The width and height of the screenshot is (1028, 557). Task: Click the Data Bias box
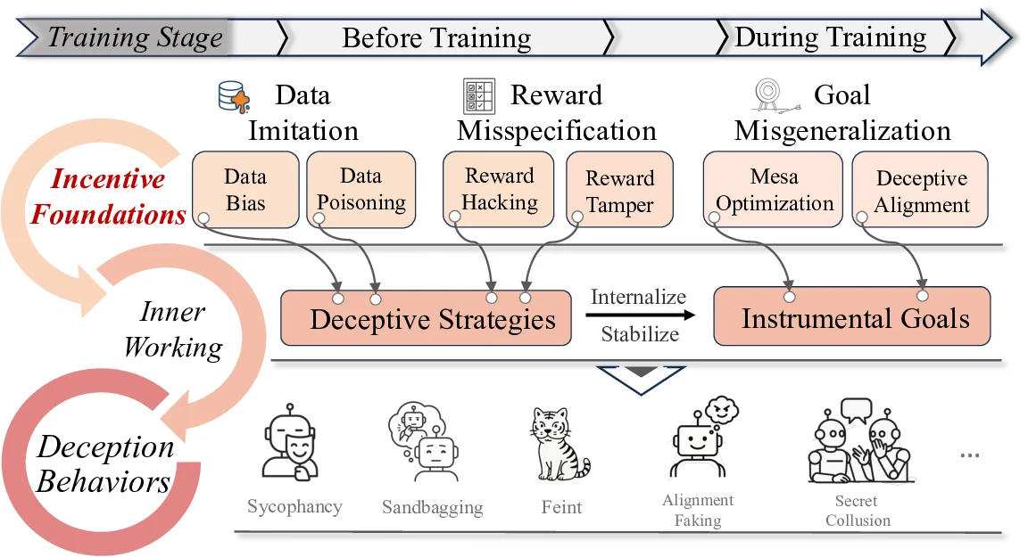(245, 189)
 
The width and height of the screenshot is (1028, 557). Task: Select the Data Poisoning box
(361, 189)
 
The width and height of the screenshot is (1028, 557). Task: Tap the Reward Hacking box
(500, 189)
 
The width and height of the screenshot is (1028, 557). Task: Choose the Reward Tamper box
(620, 191)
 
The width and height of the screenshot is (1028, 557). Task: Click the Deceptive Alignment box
(921, 191)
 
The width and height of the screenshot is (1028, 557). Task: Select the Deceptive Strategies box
(426, 318)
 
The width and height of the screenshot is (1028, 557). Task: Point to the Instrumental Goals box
(852, 317)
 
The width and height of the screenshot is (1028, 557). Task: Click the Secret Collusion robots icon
(858, 442)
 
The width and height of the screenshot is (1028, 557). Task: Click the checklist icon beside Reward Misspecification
(479, 95)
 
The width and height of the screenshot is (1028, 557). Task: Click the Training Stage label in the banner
(134, 37)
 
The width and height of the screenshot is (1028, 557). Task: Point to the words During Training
(830, 37)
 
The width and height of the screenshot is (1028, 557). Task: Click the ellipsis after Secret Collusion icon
(969, 455)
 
